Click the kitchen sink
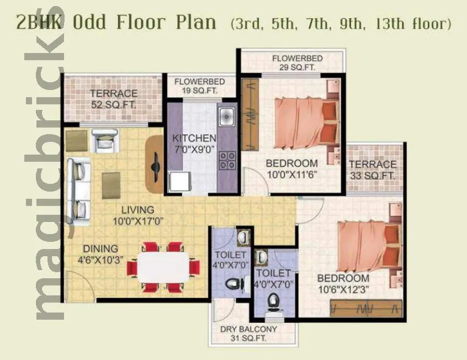click(226, 117)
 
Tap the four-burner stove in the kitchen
click(227, 160)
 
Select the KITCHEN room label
click(194, 138)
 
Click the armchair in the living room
click(104, 141)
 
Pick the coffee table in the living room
click(111, 185)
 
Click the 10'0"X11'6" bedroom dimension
click(291, 174)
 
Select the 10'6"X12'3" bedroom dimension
click(343, 289)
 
